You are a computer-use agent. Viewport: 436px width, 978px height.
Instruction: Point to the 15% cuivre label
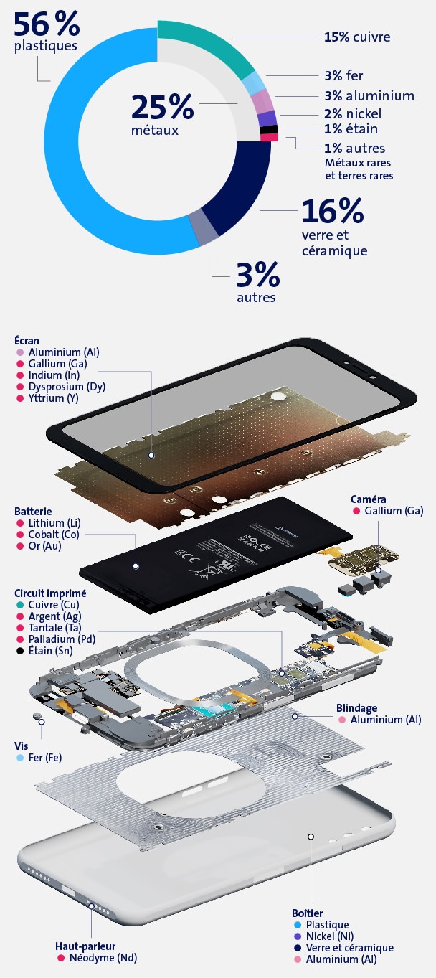coord(357,37)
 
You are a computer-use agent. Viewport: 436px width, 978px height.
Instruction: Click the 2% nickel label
coord(353,113)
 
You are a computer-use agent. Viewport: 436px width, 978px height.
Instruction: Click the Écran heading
coord(27,341)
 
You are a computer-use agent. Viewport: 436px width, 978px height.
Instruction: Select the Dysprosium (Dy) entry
coord(67,387)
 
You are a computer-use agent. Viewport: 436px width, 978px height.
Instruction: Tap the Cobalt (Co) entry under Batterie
coord(54,535)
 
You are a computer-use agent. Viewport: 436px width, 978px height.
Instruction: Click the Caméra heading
coord(369,499)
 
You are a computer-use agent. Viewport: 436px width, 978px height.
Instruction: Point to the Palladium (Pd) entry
coord(61,639)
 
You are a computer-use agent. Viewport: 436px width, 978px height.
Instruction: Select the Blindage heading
coord(356,708)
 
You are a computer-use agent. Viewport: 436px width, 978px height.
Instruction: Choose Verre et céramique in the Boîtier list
coord(350,948)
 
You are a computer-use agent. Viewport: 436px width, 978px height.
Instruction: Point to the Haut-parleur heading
coord(85,946)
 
